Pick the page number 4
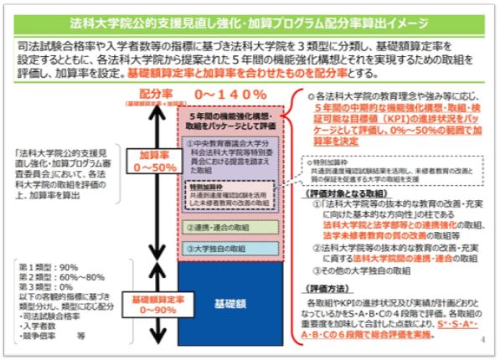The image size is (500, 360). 484,342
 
